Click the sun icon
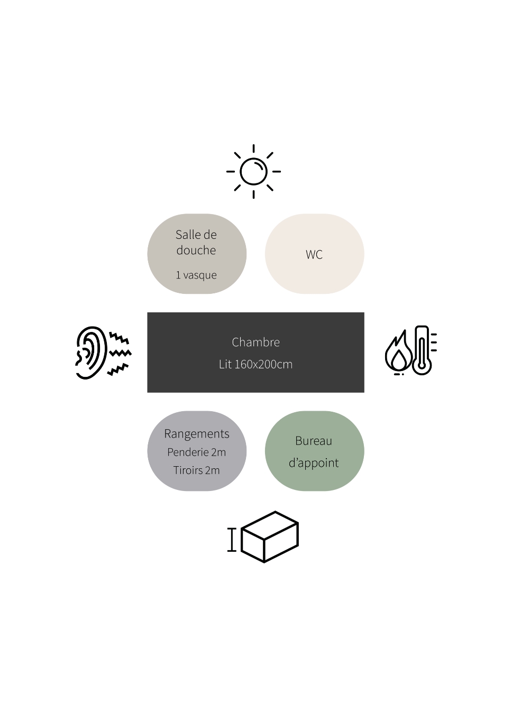click(253, 172)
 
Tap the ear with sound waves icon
click(104, 353)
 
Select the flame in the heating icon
click(398, 353)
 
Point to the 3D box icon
click(269, 537)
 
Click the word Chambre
click(255, 342)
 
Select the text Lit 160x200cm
click(255, 364)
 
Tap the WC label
click(314, 254)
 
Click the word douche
click(196, 250)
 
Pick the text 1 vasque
click(196, 275)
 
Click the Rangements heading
click(196, 434)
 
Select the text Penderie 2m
click(196, 452)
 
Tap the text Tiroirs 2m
click(196, 470)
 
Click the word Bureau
click(314, 441)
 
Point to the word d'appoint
click(314, 463)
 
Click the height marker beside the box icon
click(232, 540)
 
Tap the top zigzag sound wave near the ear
click(119, 338)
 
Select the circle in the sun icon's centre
click(253, 172)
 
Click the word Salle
click(187, 235)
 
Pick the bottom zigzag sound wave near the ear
click(117, 369)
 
